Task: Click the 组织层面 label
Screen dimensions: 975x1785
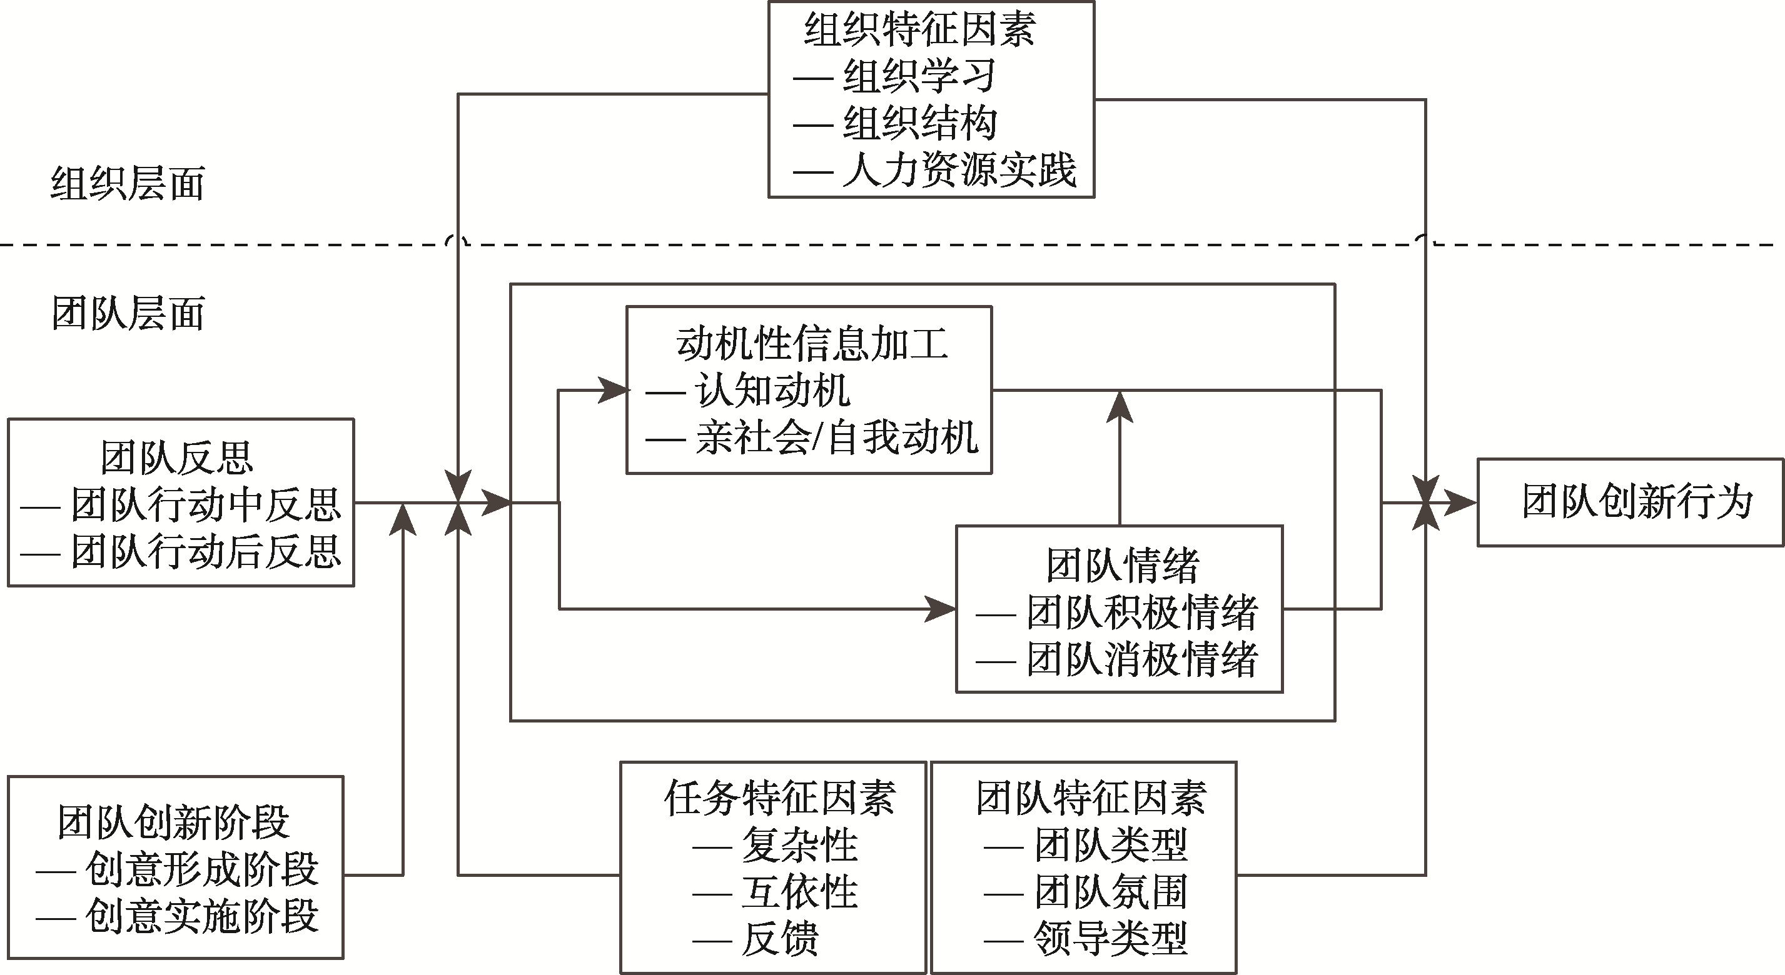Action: point(128,184)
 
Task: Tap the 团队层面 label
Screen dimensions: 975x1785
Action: point(128,313)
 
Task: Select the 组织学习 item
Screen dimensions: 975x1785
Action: point(919,76)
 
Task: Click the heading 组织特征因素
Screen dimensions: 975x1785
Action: point(919,30)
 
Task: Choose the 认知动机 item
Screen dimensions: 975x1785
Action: point(772,391)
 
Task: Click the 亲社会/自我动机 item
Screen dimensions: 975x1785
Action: point(837,437)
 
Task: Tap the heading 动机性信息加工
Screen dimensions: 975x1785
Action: point(811,344)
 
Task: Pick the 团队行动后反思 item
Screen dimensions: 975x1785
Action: point(206,552)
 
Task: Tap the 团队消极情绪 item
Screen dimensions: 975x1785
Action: point(1142,659)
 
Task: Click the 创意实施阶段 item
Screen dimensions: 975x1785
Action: point(201,917)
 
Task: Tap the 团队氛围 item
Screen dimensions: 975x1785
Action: point(1111,892)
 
